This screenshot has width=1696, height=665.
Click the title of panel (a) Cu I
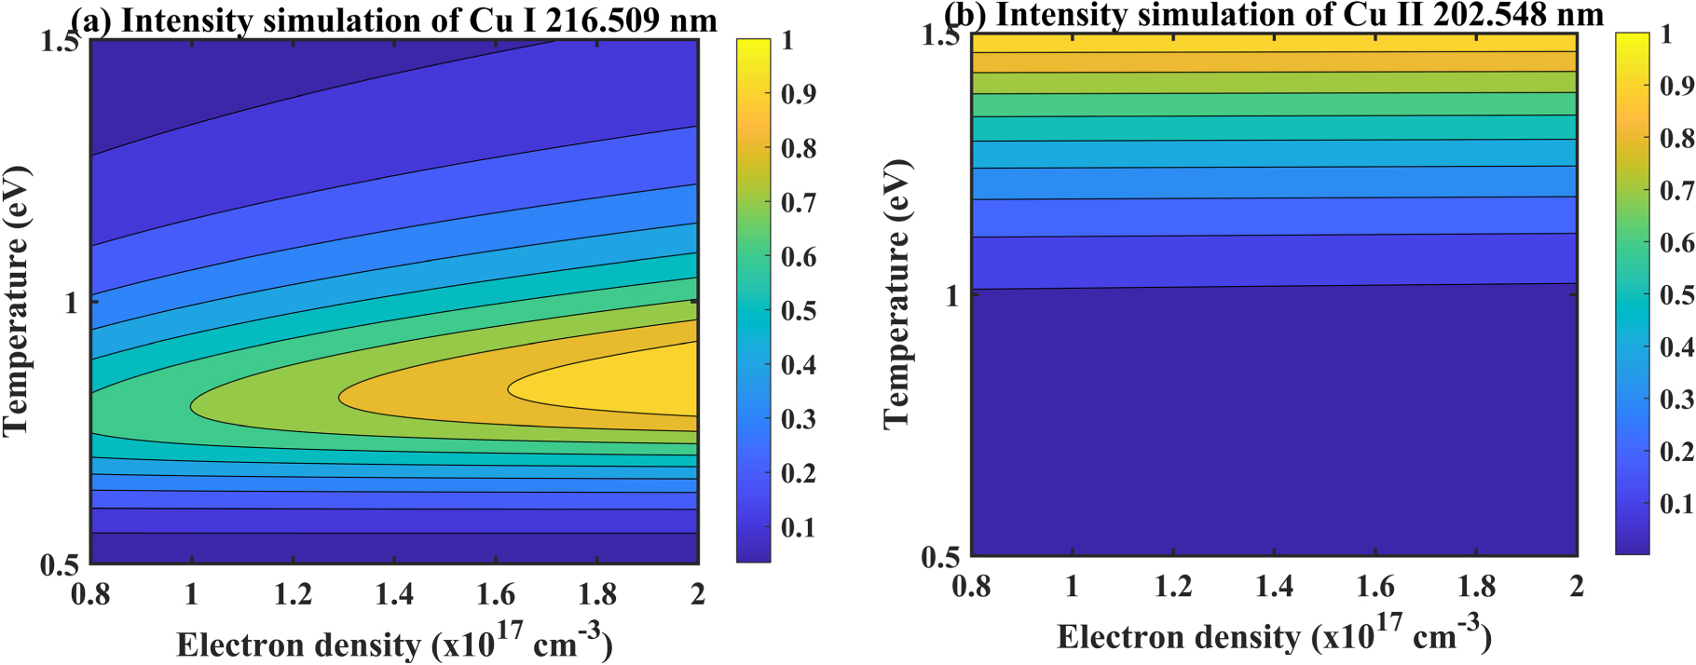pos(394,20)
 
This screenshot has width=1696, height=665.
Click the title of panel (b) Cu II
pos(1274,14)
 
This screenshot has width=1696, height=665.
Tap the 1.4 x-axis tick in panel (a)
pos(394,593)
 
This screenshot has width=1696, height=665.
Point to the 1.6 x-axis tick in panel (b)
pos(1375,586)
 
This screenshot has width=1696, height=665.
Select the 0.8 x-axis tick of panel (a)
pos(90,593)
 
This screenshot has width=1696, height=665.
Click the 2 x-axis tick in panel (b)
pos(1576,586)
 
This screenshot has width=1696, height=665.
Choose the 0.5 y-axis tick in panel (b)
pos(941,557)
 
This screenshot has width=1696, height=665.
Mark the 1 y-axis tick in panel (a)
pos(71,303)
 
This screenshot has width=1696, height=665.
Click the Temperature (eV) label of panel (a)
pos(17,301)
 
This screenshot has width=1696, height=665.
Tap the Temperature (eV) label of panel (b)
pos(896,294)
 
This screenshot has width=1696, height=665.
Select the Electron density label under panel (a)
pos(394,643)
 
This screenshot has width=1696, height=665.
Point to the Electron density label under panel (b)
pos(1274,635)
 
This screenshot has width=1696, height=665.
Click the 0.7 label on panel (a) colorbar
pos(799,202)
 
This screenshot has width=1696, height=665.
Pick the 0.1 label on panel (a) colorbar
pos(799,527)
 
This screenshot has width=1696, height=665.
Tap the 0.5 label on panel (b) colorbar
pos(1677,295)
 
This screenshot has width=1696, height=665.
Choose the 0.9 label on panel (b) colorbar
pos(1677,87)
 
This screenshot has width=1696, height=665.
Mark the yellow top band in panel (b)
pos(1274,42)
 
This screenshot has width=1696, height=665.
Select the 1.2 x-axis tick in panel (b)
pos(1173,586)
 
